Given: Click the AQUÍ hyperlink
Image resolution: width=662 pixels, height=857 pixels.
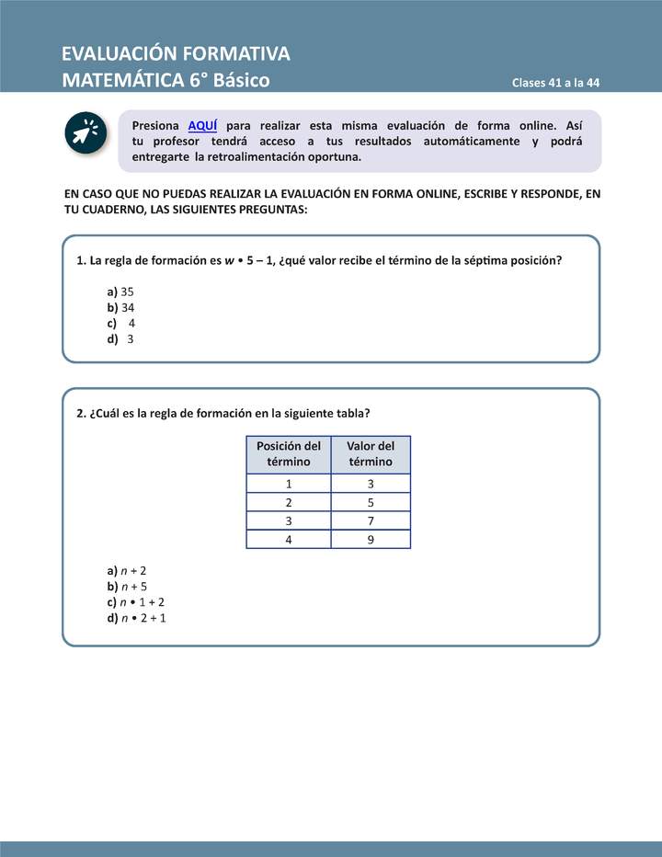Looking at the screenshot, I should [202, 125].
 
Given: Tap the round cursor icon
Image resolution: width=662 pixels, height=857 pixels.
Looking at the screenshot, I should [87, 132].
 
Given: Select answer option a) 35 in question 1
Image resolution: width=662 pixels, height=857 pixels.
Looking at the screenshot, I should [120, 291].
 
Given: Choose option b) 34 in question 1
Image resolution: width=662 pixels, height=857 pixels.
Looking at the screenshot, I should [120, 307].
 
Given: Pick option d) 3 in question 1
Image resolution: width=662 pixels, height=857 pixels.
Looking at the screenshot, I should [120, 338].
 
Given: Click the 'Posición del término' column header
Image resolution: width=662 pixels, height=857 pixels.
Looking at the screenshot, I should [289, 454].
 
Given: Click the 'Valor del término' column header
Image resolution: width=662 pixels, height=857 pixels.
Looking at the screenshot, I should [371, 454].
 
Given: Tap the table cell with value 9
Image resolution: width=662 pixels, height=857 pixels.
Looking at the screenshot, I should [371, 540].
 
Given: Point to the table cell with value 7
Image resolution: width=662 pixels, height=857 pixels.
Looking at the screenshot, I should [371, 521].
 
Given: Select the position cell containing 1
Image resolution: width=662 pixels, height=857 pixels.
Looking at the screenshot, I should [289, 484].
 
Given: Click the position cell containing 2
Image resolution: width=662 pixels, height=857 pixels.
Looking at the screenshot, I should [289, 503].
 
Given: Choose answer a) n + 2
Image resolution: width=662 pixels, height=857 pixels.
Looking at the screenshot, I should [127, 570].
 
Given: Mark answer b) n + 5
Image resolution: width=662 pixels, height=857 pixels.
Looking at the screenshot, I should [127, 587].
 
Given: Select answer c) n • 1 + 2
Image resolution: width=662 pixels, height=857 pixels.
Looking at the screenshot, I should [135, 602].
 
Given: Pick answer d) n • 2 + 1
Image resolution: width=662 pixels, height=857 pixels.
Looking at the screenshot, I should [136, 618].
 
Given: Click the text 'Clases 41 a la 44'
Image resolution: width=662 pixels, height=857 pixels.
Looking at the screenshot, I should [556, 83].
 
